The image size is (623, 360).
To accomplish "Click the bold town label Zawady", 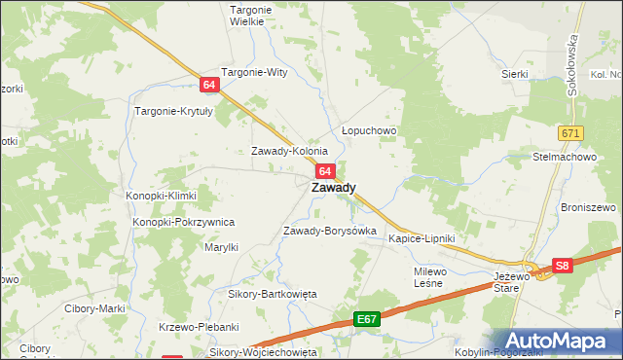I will click(333, 188).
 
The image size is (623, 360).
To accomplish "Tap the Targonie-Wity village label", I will click(255, 72).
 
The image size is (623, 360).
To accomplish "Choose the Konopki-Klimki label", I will click(161, 196).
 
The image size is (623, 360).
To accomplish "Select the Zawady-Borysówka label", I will click(329, 231).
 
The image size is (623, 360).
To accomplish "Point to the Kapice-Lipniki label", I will click(421, 238).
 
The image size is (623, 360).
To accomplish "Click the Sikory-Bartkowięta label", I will click(266, 294).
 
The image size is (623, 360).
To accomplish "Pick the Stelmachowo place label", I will click(565, 156).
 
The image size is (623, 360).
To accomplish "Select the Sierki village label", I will click(514, 74).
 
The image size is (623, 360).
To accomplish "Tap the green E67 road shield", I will click(366, 318).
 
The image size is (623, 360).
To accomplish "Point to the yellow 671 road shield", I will click(570, 131).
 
